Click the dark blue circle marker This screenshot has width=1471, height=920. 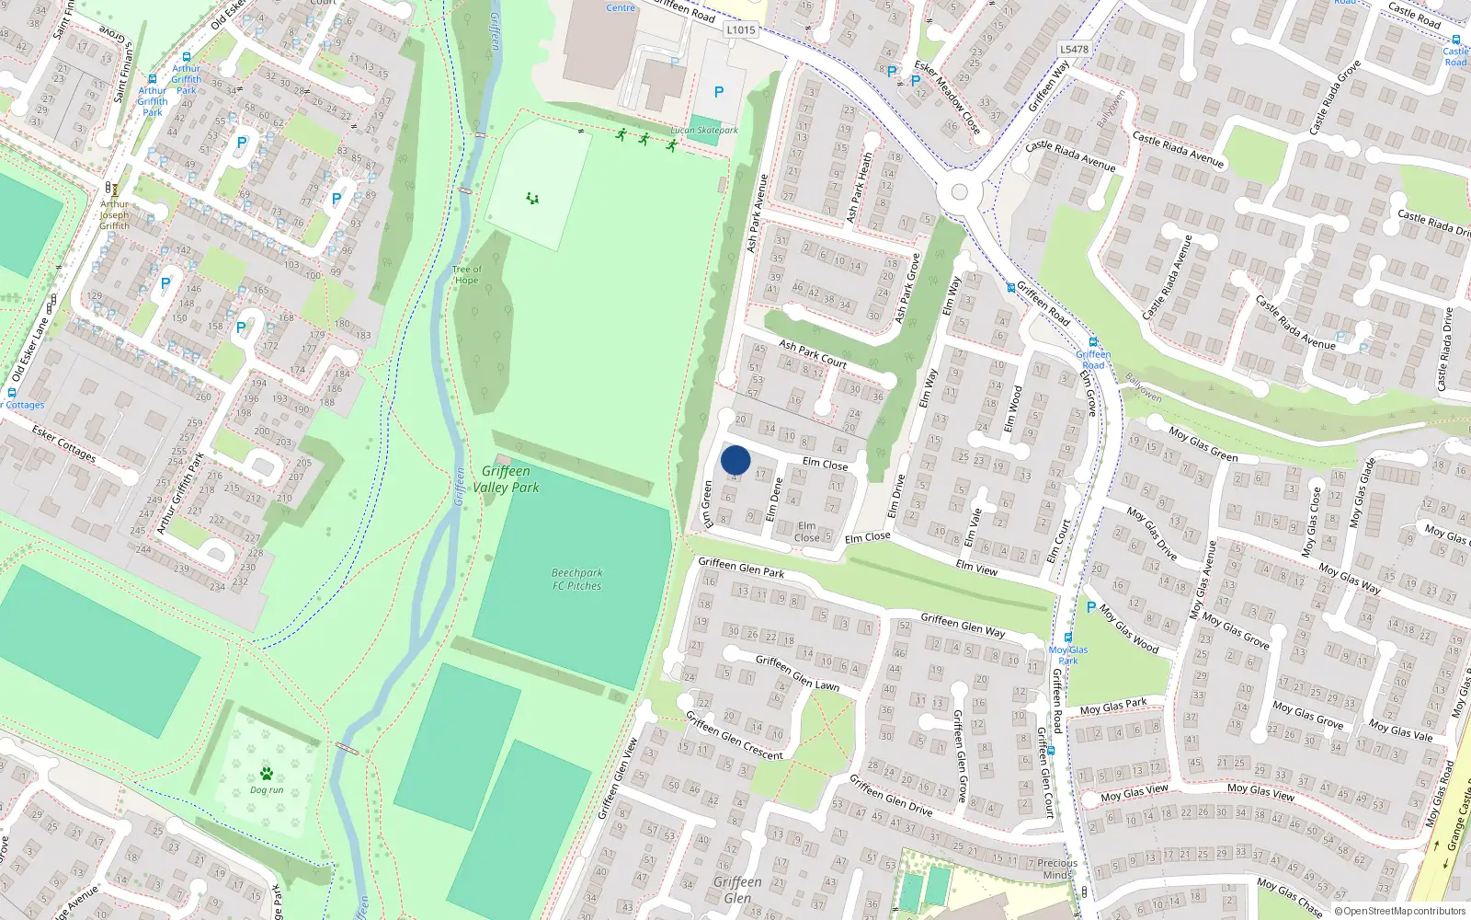click(x=735, y=460)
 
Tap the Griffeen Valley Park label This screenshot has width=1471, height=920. click(x=506, y=479)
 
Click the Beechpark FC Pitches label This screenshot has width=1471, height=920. click(x=576, y=579)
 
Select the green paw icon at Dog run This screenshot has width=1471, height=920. click(x=267, y=774)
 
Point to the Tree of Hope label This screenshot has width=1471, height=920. click(x=466, y=275)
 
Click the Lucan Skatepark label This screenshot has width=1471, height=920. click(x=703, y=131)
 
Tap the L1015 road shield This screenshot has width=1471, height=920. click(x=740, y=29)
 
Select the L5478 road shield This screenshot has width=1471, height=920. click(x=1073, y=50)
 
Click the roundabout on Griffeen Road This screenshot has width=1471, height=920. click(x=959, y=191)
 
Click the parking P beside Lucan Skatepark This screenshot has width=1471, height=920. click(x=719, y=92)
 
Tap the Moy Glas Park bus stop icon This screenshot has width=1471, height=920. click(x=1067, y=638)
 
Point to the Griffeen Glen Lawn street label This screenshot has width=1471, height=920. click(x=797, y=673)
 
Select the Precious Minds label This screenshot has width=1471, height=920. click(x=1056, y=868)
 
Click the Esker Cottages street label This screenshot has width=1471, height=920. click(x=63, y=443)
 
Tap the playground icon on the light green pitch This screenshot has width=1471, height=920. click(x=531, y=198)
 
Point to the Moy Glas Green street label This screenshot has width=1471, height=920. click(x=1203, y=444)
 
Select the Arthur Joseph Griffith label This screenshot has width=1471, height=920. click(x=115, y=215)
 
